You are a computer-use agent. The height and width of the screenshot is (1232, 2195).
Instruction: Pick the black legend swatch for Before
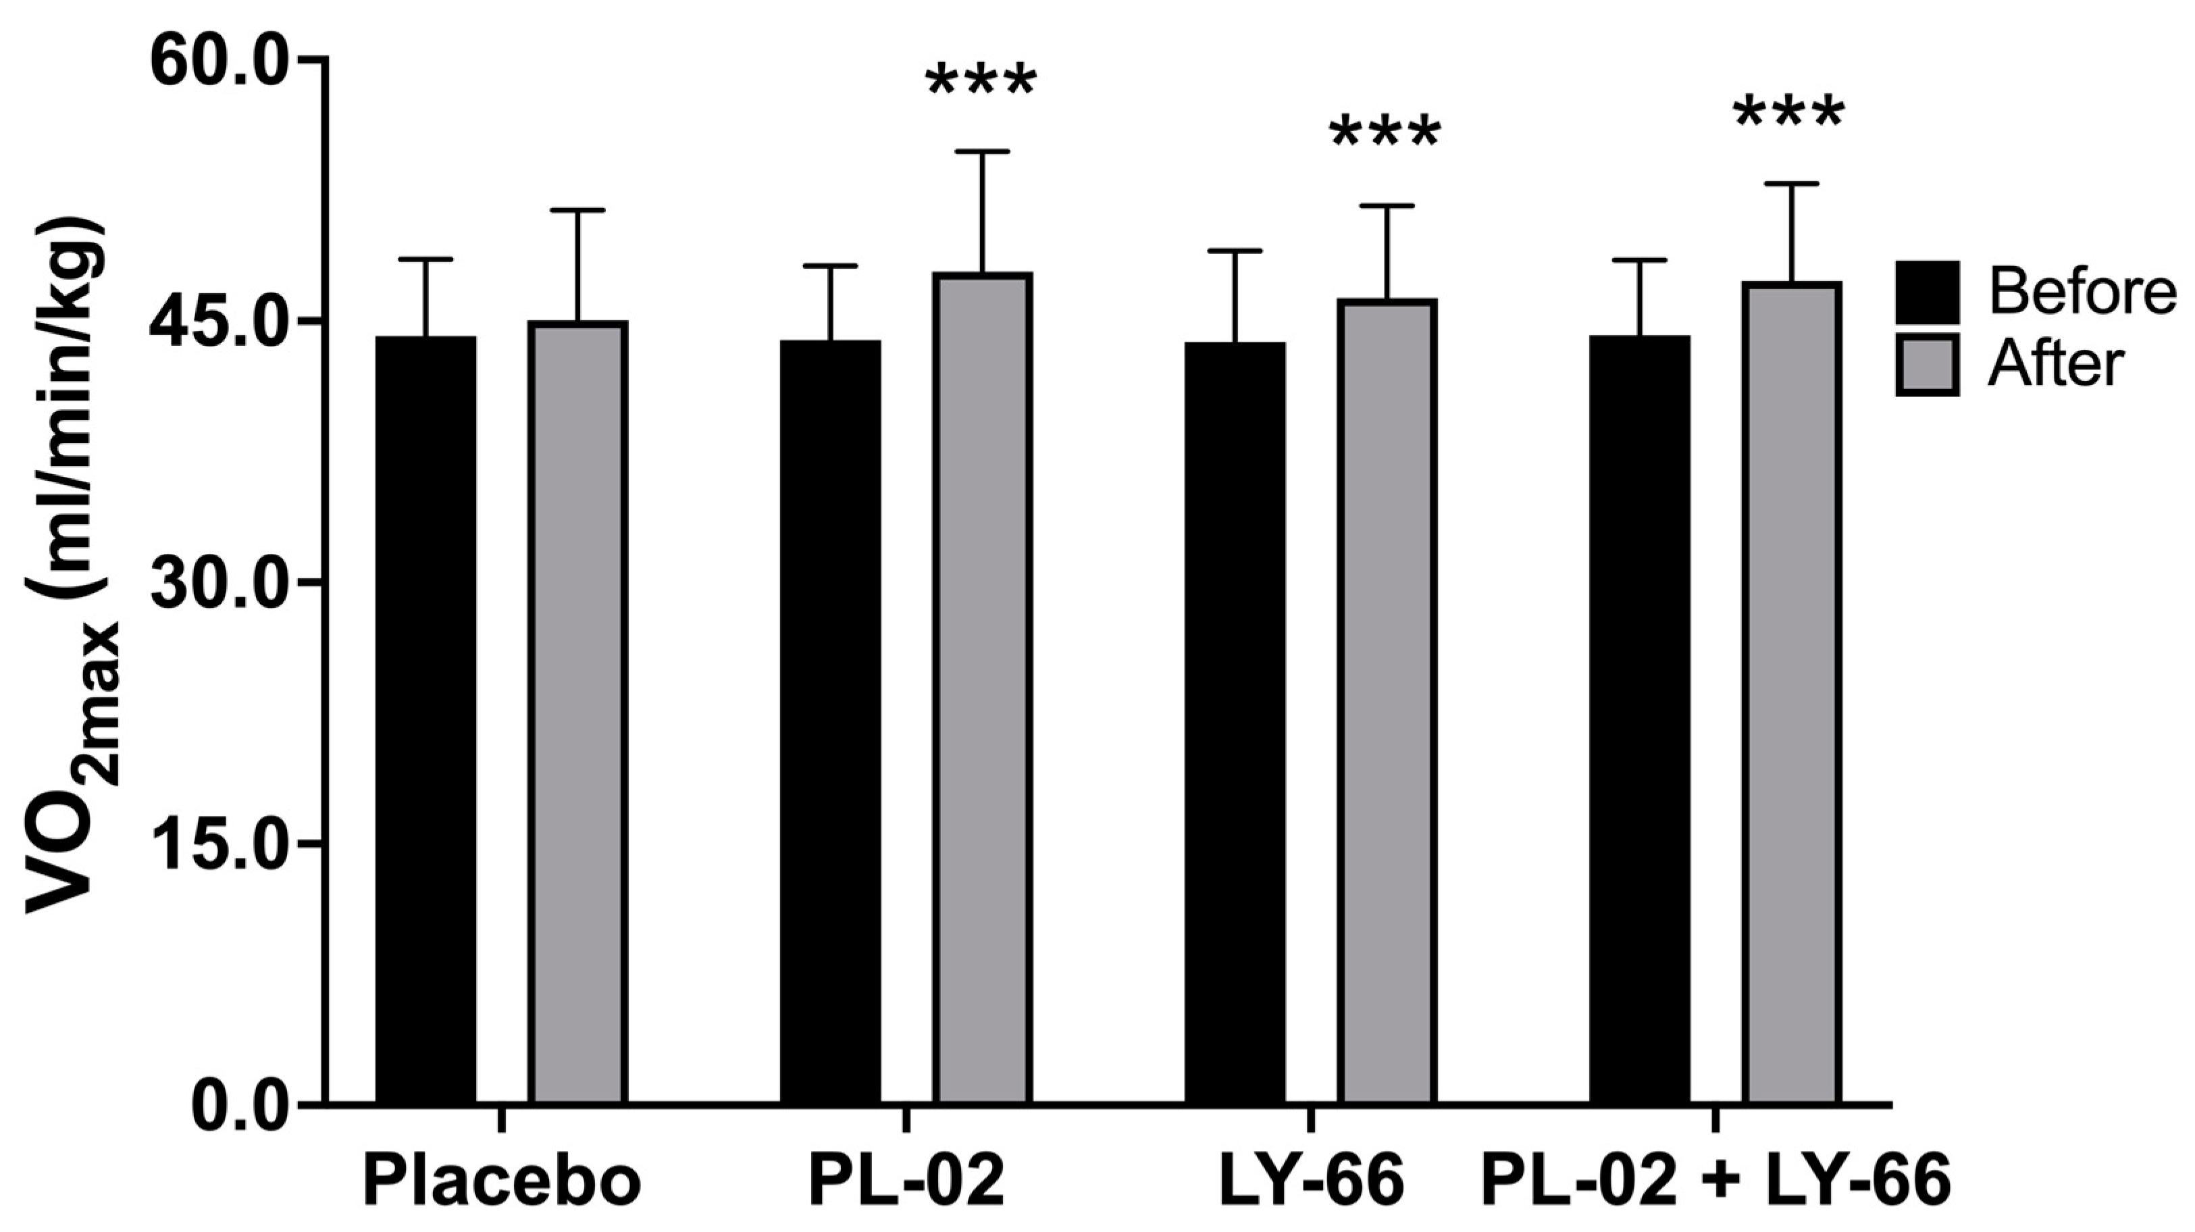[x=1927, y=292]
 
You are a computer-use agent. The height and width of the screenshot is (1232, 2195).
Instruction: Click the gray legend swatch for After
[x=1927, y=365]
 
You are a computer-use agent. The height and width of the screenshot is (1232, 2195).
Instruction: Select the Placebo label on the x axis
[x=502, y=1182]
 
